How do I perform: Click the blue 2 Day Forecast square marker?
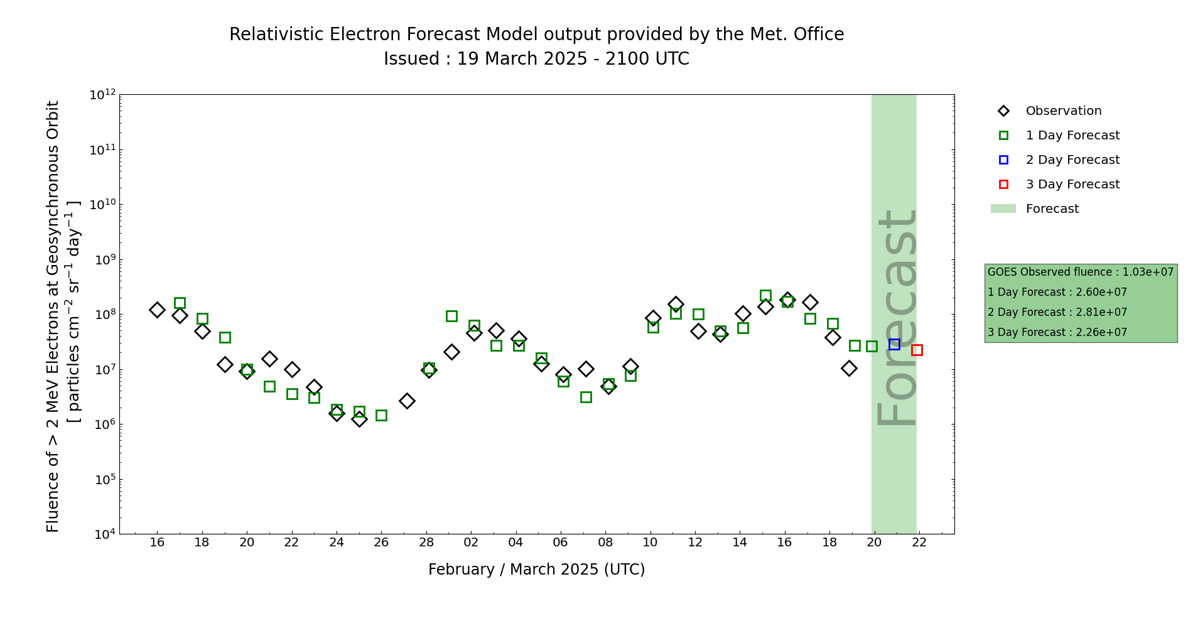[x=894, y=344]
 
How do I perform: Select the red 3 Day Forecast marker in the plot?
[x=917, y=350]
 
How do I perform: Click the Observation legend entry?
[x=1063, y=111]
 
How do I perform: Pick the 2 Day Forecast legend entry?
[x=1072, y=160]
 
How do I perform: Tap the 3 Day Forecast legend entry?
[x=1072, y=185]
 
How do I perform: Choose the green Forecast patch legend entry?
[x=1052, y=209]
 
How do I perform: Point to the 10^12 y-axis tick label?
[x=102, y=95]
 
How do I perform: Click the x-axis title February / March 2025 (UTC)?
[x=536, y=570]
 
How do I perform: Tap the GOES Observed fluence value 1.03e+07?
[x=1148, y=272]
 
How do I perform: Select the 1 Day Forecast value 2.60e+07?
[x=1101, y=292]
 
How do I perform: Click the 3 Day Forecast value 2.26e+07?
[x=1101, y=332]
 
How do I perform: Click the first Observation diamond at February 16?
[x=157, y=310]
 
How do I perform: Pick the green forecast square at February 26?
[x=381, y=415]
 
